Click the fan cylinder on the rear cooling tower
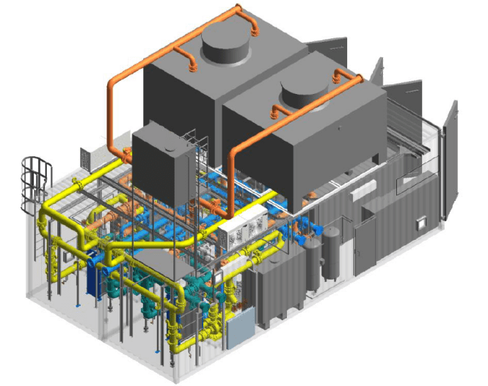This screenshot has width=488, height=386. tap(225, 48)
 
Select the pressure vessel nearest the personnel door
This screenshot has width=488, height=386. tap(332, 254)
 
